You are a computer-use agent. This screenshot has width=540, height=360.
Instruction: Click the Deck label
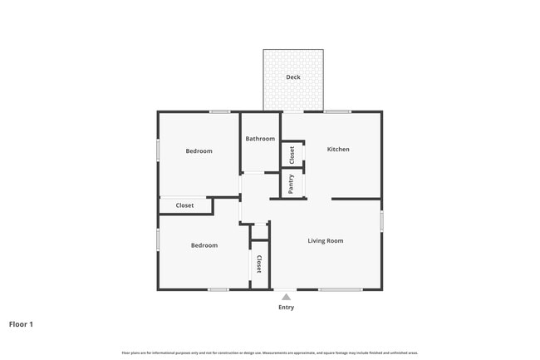[x=293, y=77]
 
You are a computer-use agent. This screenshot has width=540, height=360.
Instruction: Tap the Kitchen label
[x=338, y=150]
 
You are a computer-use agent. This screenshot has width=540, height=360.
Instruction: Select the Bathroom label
[x=260, y=139]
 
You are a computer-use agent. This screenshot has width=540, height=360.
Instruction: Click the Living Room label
[x=326, y=241]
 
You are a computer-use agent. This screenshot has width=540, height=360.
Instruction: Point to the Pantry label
[x=292, y=184]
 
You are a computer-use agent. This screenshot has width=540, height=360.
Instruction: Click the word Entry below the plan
[x=286, y=308]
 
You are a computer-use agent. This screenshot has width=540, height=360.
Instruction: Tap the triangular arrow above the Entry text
[x=286, y=296]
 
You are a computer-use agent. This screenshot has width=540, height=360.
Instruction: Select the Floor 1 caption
[x=21, y=324]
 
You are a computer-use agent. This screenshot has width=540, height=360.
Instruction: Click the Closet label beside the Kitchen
[x=292, y=155]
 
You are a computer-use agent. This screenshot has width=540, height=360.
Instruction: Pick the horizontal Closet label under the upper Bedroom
[x=184, y=205]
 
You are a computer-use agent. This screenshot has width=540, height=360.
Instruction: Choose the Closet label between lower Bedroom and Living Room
[x=259, y=264]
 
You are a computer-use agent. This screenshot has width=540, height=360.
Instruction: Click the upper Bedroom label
[x=199, y=151]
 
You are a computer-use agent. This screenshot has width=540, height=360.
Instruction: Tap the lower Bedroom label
[x=204, y=245]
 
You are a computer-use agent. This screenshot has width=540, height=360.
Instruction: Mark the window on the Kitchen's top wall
[x=337, y=111]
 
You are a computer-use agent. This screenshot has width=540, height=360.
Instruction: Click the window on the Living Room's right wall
[x=381, y=221]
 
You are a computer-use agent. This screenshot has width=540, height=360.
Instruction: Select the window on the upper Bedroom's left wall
[x=158, y=150]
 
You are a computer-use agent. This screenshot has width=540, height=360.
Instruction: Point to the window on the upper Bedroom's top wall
[x=219, y=111]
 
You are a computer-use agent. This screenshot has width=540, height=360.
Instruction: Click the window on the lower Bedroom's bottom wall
[x=218, y=289]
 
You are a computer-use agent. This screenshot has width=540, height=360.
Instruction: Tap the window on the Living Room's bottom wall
[x=340, y=289]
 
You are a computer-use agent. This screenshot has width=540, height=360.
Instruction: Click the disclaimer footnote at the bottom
[x=270, y=353]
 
